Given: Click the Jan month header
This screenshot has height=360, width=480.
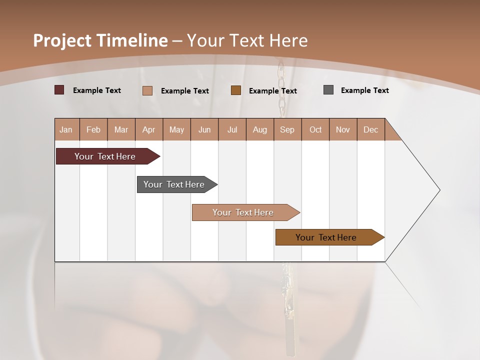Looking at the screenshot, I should pyautogui.click(x=66, y=129).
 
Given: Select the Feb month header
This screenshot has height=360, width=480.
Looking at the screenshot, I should pyautogui.click(x=93, y=129).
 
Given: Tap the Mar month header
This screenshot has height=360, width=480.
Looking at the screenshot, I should pyautogui.click(x=121, y=129).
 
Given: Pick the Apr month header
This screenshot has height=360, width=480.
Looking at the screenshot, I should pyautogui.click(x=149, y=129).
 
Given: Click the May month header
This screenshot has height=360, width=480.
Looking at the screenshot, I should pyautogui.click(x=176, y=129).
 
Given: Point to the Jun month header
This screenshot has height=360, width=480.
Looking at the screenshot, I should pyautogui.click(x=204, y=129).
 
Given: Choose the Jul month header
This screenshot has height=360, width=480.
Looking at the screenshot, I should pyautogui.click(x=232, y=129).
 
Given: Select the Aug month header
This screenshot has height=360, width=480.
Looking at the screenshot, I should pyautogui.click(x=260, y=129).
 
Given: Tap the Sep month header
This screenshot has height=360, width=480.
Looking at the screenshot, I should pyautogui.click(x=287, y=129).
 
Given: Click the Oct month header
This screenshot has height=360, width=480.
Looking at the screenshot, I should pyautogui.click(x=315, y=129).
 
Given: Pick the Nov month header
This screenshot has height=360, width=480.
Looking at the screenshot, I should pyautogui.click(x=343, y=129).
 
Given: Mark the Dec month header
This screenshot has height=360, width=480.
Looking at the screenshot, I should pyautogui.click(x=371, y=129).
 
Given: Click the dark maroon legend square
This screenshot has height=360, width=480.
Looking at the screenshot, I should pyautogui.click(x=59, y=90).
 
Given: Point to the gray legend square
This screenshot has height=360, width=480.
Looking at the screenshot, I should pyautogui.click(x=328, y=90).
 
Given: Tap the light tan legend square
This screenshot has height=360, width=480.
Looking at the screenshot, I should pyautogui.click(x=147, y=90).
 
